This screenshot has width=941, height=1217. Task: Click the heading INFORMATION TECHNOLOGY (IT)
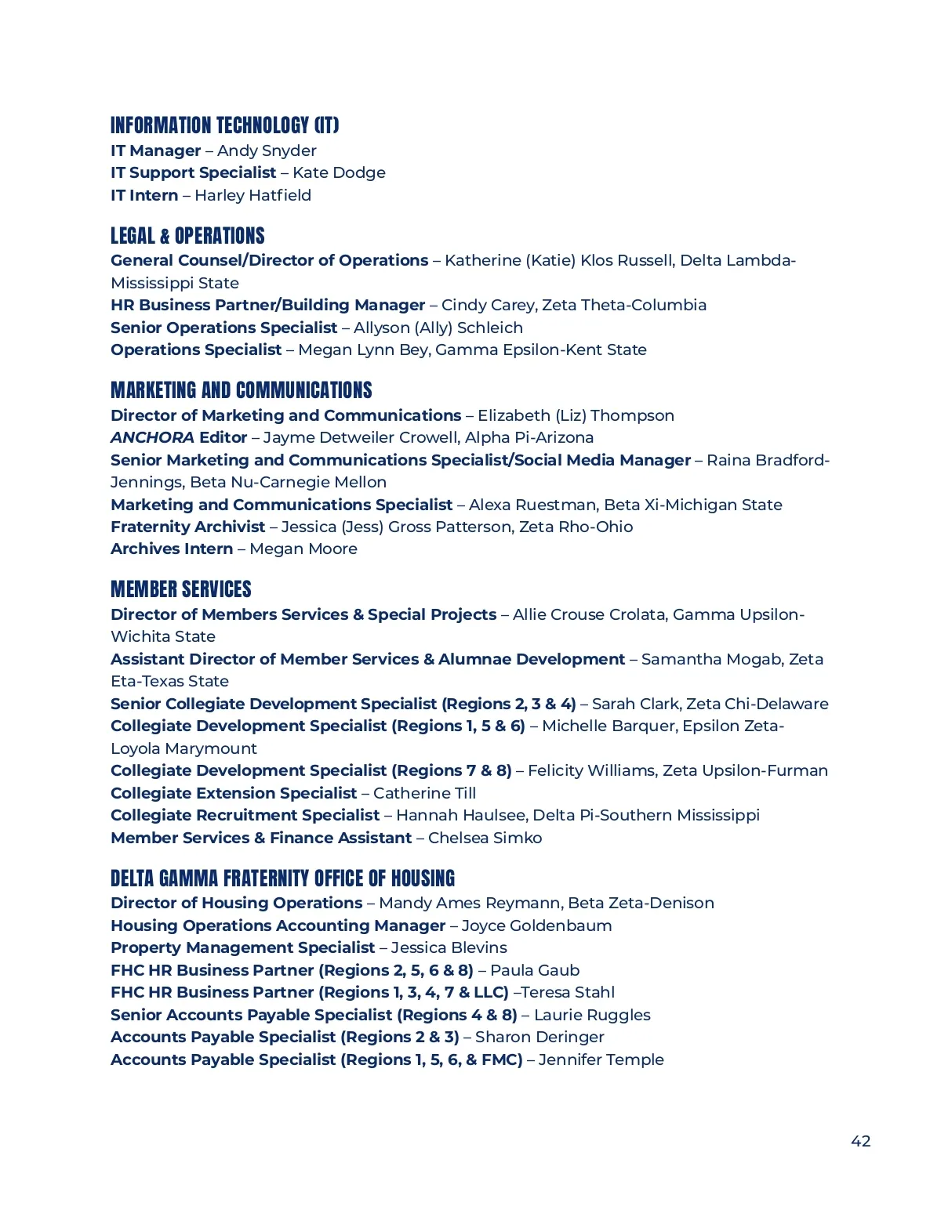point(224,125)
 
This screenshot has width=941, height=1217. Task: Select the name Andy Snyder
point(267,150)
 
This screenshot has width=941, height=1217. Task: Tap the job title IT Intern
point(144,195)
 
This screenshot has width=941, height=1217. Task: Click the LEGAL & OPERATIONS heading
point(187,236)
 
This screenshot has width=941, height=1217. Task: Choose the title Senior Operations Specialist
point(223,328)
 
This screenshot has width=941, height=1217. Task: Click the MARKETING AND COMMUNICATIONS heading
point(242,390)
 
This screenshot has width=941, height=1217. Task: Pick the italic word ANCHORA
point(152,437)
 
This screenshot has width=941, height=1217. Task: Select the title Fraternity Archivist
point(187,527)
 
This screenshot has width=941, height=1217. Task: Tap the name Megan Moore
point(303,549)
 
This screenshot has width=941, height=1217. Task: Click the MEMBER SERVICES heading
point(181,589)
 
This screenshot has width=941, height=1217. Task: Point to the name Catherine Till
point(424,793)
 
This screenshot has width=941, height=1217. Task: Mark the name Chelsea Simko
point(485,838)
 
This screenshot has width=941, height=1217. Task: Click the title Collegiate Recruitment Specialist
point(245,815)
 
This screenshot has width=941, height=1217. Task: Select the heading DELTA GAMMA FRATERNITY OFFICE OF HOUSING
point(282,878)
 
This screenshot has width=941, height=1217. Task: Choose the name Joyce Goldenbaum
point(536,925)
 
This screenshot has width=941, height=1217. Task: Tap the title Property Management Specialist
point(242,947)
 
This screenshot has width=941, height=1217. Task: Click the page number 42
point(860,1141)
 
